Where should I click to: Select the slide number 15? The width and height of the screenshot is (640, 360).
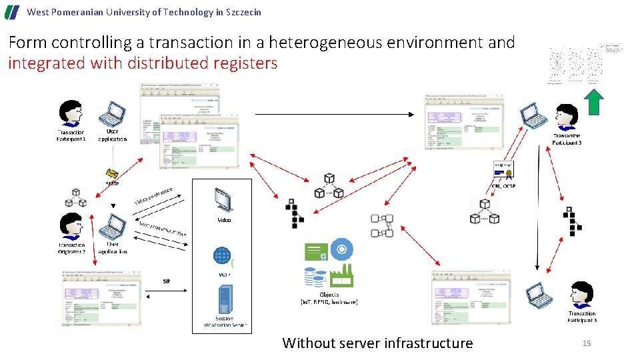(587, 343)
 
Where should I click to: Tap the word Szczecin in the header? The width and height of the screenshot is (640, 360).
(242, 12)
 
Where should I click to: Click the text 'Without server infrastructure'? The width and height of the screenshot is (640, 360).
(377, 343)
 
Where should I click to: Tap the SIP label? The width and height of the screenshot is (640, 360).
(166, 281)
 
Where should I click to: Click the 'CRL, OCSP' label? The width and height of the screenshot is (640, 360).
(504, 186)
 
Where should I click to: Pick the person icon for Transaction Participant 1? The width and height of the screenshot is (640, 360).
(71, 114)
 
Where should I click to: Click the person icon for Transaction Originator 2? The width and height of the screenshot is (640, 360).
(71, 227)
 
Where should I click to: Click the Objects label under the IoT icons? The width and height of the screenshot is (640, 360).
(329, 294)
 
